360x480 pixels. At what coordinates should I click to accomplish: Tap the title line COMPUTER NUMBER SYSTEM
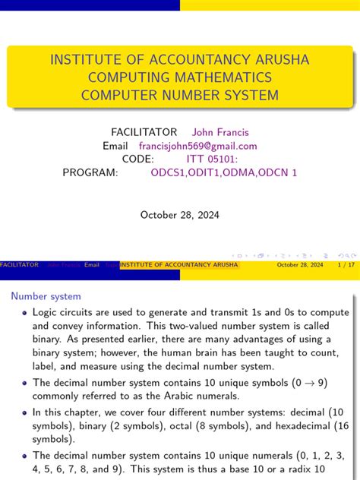pyautogui.click(x=180, y=95)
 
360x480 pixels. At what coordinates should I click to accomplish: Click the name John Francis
pyautogui.click(x=220, y=132)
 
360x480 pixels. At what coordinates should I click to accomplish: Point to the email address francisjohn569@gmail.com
pyautogui.click(x=197, y=146)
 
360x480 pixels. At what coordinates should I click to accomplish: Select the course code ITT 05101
pyautogui.click(x=212, y=159)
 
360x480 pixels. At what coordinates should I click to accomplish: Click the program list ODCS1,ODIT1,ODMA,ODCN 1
pyautogui.click(x=223, y=173)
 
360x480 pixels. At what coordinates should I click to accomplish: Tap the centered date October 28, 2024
pyautogui.click(x=180, y=215)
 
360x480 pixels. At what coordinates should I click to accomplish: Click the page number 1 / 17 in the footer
pyautogui.click(x=346, y=265)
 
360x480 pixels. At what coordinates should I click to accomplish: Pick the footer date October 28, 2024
pyautogui.click(x=300, y=265)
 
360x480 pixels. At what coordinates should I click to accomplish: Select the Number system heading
pyautogui.click(x=46, y=296)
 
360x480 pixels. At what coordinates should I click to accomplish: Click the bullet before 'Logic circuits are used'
pyautogui.click(x=26, y=313)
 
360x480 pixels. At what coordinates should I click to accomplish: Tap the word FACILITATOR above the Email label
pyautogui.click(x=144, y=132)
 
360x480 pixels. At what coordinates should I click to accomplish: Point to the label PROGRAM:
pyautogui.click(x=90, y=173)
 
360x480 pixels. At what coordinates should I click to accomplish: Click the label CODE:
pyautogui.click(x=137, y=159)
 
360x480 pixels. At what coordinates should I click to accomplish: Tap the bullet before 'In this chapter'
pyautogui.click(x=26, y=413)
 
